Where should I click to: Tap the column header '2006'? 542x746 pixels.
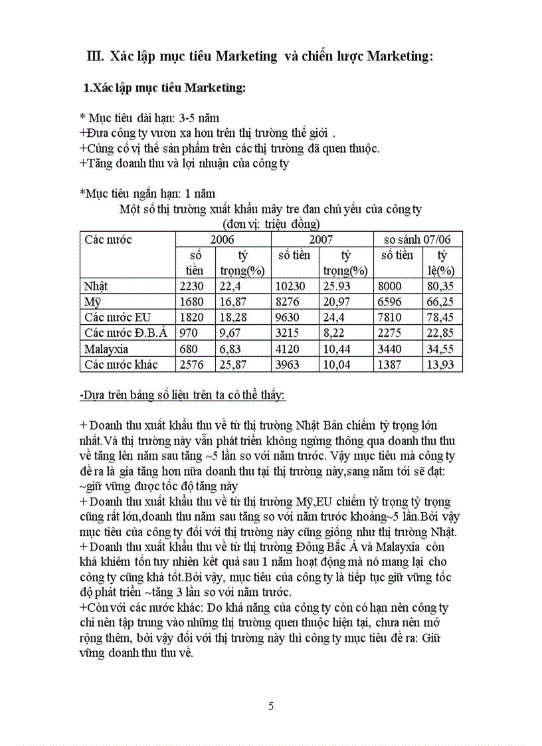(223, 239)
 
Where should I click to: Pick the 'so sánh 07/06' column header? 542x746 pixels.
(417, 239)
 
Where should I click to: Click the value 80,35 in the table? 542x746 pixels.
(442, 286)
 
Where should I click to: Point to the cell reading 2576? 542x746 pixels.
(194, 365)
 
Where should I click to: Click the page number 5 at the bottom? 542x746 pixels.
(271, 706)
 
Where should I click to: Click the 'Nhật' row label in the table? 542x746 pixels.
(96, 286)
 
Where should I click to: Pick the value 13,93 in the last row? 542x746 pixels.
(442, 365)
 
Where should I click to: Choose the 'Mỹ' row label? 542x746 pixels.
(92, 302)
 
